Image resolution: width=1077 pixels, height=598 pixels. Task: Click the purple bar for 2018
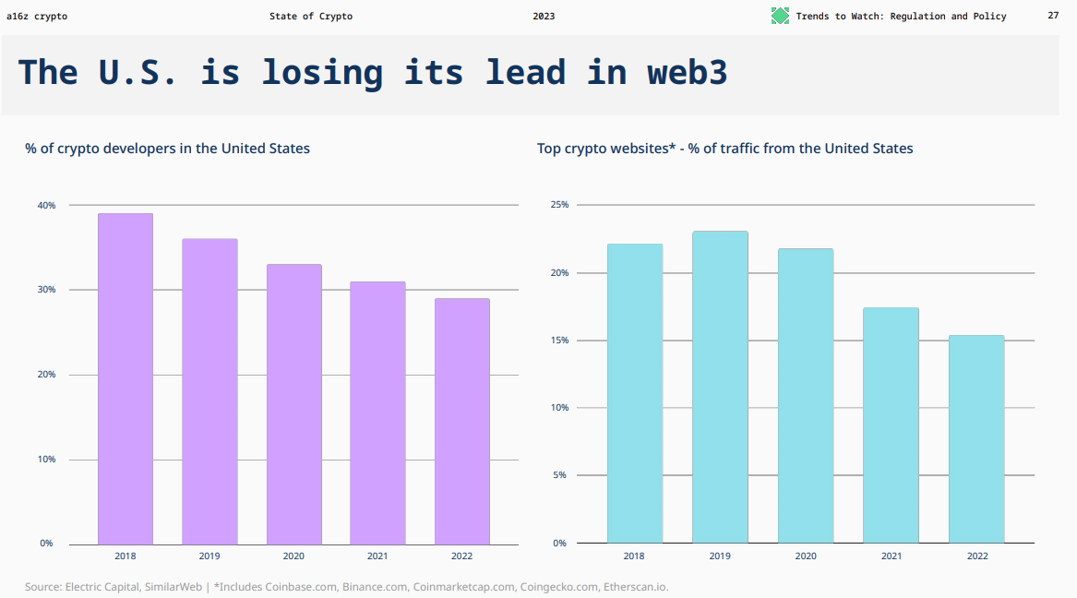126,378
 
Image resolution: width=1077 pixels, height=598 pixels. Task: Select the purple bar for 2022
462,421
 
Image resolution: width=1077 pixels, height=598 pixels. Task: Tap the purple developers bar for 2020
294,404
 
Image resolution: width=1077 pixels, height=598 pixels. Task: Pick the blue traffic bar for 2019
720,387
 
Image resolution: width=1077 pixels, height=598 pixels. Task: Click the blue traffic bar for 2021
891,425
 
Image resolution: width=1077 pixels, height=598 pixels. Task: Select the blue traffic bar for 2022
976,439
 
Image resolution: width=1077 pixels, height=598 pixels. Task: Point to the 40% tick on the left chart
46,205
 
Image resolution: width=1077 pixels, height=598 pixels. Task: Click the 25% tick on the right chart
559,205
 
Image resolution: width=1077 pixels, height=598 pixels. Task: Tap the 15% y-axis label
559,341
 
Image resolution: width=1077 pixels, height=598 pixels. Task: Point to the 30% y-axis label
46,290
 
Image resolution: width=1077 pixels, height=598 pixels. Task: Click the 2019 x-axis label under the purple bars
209,556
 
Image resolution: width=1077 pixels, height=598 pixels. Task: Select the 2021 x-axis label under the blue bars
892,556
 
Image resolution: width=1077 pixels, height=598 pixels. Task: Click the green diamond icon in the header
781,16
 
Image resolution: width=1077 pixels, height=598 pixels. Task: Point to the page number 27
1053,16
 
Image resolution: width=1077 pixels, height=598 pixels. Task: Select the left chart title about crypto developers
167,148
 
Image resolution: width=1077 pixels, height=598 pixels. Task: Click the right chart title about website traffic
724,148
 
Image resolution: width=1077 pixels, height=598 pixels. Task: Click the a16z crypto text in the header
37,16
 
